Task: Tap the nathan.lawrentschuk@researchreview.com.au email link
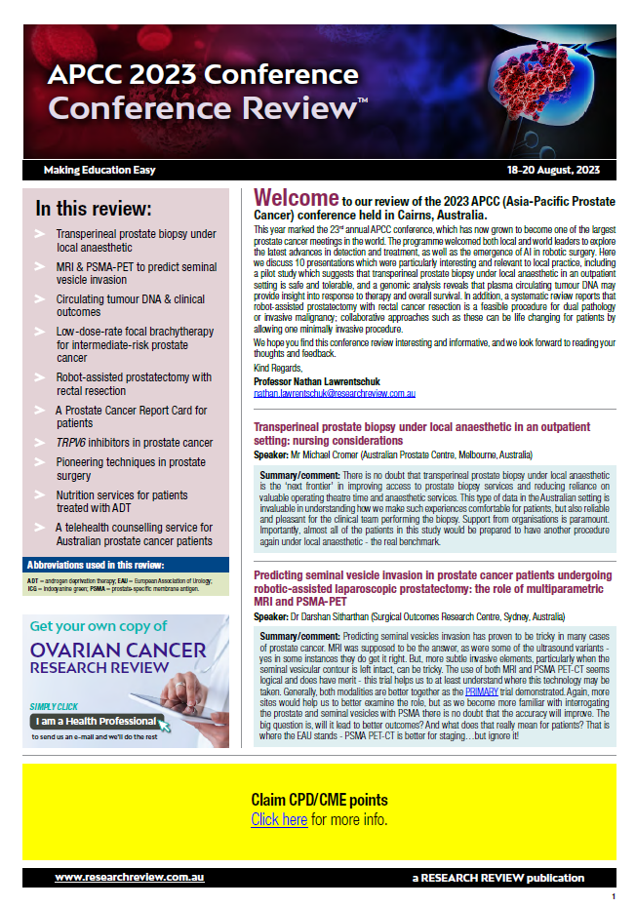pos(335,393)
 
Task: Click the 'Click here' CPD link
pos(279,819)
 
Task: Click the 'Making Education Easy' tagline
pos(99,170)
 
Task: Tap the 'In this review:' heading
pos(94,209)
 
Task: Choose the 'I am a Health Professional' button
pos(96,722)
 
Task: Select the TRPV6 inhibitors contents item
pos(134,443)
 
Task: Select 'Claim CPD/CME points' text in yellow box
pos(319,800)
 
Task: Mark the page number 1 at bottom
pos(613,896)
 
